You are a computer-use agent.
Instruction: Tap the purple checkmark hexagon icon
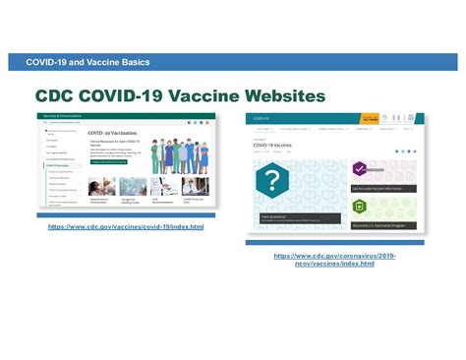coord(360,169)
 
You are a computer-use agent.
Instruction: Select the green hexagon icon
coord(360,206)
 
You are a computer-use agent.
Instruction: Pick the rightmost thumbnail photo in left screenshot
coord(195,187)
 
